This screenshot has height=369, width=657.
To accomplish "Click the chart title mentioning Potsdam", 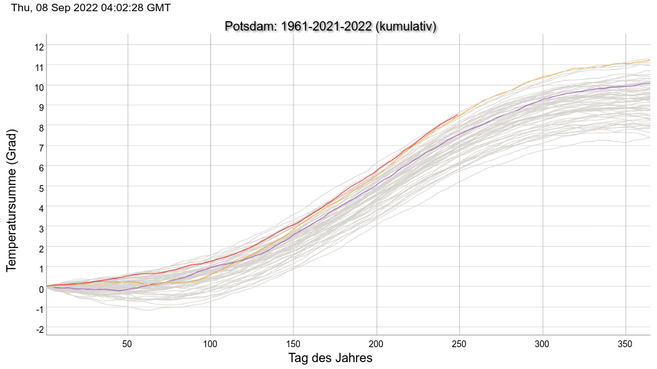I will [x=330, y=26].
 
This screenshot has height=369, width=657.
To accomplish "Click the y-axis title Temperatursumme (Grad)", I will [x=11, y=201].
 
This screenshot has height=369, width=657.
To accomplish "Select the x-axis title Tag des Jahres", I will [x=330, y=358].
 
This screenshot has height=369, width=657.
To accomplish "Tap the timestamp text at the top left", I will [x=91, y=7].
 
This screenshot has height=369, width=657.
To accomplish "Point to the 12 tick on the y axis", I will [x=39, y=46].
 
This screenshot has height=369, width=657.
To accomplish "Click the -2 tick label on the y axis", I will [x=39, y=328].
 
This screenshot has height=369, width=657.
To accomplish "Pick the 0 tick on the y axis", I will [x=41, y=288].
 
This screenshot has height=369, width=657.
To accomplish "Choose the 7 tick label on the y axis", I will [x=41, y=147].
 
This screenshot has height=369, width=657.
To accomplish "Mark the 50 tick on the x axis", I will [x=127, y=343].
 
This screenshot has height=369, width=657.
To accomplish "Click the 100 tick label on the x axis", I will [x=210, y=343].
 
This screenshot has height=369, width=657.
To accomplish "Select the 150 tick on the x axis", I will [x=293, y=343].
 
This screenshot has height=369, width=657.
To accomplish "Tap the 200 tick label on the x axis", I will [x=376, y=343].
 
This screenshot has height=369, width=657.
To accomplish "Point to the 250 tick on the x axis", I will [x=459, y=343].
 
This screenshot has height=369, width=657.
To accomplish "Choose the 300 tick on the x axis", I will [x=543, y=343].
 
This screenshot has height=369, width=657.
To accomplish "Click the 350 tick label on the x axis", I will [x=625, y=343].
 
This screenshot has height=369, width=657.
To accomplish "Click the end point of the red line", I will [x=459, y=114].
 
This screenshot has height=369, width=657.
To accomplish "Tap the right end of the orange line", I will [x=650, y=60].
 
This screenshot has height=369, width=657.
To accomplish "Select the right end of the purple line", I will [x=650, y=83].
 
